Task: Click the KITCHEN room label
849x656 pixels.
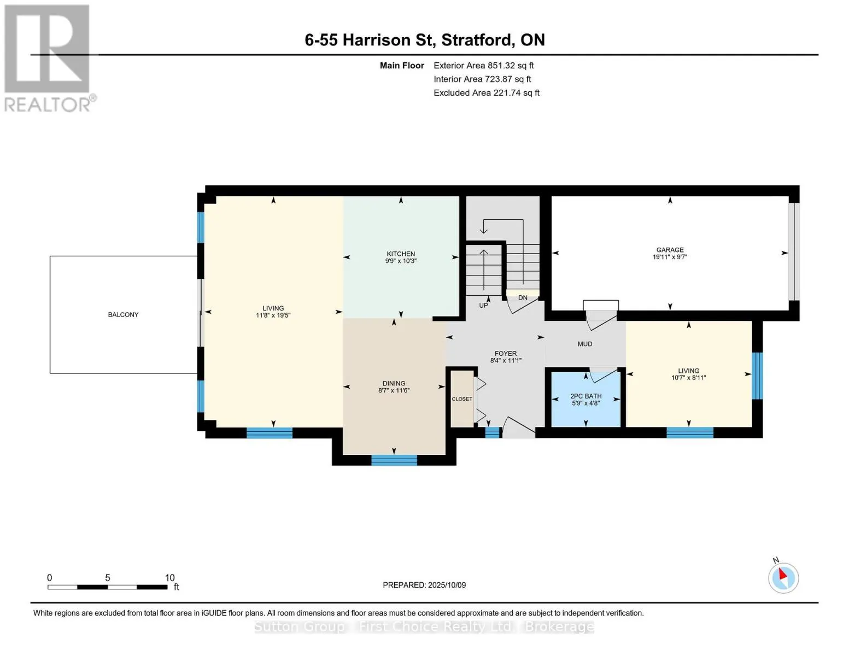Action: (x=401, y=254)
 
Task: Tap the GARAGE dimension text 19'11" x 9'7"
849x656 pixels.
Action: (x=670, y=257)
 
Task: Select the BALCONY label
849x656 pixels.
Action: (x=123, y=314)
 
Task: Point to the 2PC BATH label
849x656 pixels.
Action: (x=585, y=396)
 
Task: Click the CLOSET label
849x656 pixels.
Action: (x=462, y=399)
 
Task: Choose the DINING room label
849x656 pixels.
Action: (x=394, y=383)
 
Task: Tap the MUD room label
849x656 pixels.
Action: (x=585, y=344)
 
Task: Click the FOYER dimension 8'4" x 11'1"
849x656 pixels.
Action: (x=506, y=361)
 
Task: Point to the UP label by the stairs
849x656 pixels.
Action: (x=483, y=305)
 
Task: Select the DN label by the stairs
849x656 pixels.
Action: (x=523, y=298)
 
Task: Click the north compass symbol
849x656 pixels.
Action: (x=783, y=577)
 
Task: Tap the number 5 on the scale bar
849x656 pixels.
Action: (x=108, y=577)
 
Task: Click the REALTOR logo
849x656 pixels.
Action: (x=48, y=58)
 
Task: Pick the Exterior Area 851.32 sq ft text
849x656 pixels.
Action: (x=484, y=66)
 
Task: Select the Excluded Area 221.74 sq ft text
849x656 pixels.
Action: (x=487, y=93)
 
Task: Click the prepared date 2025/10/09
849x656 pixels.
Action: (x=447, y=585)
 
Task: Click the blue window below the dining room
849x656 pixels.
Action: (x=394, y=460)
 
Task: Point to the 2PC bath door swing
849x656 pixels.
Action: (x=603, y=374)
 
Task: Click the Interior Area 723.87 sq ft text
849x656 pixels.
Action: (x=482, y=79)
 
